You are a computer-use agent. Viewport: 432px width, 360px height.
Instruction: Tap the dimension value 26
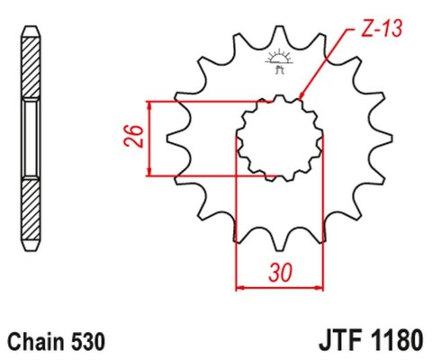click(131, 138)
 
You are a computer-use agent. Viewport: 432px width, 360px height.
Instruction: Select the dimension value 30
click(279, 270)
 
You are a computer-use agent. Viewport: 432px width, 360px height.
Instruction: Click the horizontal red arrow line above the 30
click(279, 288)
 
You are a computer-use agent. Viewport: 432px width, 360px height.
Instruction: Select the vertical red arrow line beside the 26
click(149, 138)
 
